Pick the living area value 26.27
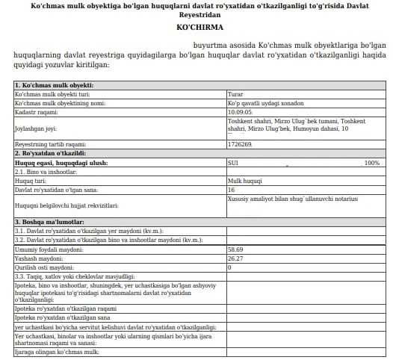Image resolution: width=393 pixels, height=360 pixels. click(x=235, y=259)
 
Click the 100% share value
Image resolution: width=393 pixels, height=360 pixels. click(x=371, y=162)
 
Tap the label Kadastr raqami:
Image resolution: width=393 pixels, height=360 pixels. click(x=37, y=111)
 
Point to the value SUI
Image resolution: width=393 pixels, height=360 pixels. click(x=232, y=162)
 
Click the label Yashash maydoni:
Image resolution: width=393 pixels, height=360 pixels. click(x=39, y=259)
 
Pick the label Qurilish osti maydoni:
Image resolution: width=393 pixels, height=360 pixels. click(x=47, y=267)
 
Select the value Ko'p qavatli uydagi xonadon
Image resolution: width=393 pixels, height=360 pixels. click(x=262, y=103)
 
